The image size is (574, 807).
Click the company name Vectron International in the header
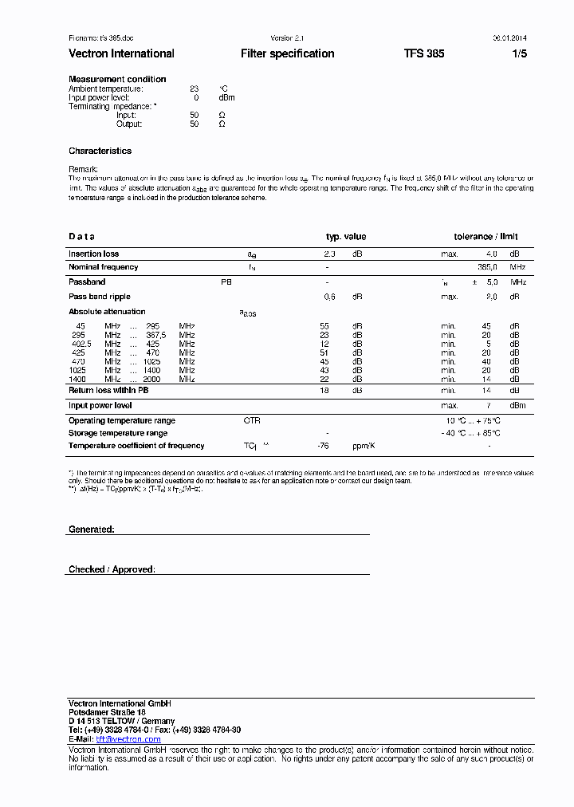point(121,53)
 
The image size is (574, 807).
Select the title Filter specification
point(287,53)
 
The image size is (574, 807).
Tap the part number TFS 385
point(424,53)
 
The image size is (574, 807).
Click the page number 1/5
point(519,53)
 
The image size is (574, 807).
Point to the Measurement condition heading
point(117,79)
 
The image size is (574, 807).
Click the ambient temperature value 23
point(194,89)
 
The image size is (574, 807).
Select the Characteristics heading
point(100,151)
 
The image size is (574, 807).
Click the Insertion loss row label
point(93,254)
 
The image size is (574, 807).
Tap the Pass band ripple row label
point(100,297)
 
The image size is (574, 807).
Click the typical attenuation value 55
point(324,326)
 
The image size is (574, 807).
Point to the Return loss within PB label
point(108,391)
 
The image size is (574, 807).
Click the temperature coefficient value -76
point(323,446)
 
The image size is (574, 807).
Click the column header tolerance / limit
point(486,237)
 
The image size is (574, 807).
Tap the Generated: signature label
point(91,529)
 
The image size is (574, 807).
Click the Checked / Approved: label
point(112,569)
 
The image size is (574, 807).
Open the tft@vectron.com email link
point(128,739)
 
